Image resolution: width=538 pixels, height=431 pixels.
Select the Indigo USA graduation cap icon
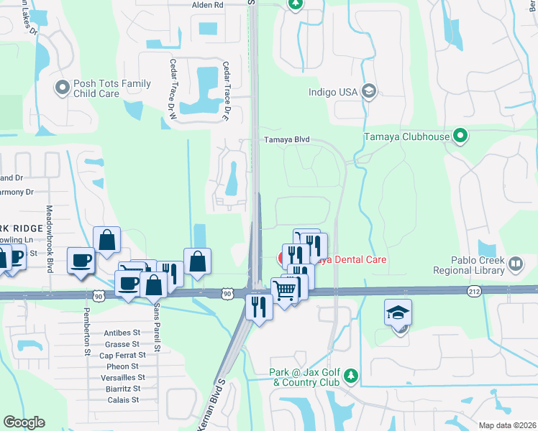tap(369, 91)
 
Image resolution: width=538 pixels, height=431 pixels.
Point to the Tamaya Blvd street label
tap(286, 139)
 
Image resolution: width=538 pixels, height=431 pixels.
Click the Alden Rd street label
tap(208, 4)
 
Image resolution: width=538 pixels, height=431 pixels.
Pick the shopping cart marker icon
tap(285, 290)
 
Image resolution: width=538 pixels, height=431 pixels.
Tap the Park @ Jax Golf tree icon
tap(351, 376)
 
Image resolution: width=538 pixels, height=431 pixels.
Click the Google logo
tap(24, 422)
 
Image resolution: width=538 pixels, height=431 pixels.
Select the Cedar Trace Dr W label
tap(173, 90)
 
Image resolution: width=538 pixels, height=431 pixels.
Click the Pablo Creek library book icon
tap(515, 264)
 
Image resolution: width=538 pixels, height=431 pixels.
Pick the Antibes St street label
tap(122, 333)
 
